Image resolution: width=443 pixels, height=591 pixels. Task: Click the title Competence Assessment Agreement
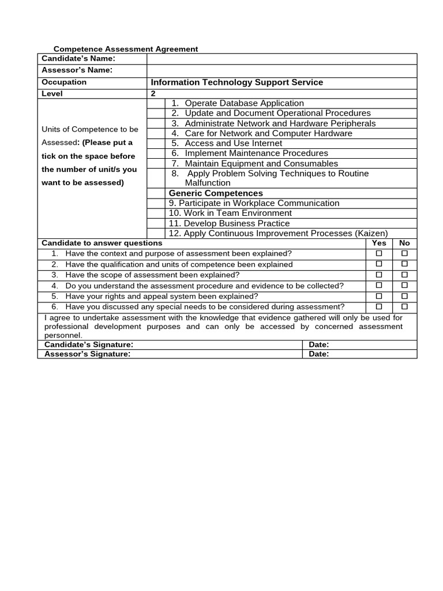(126, 49)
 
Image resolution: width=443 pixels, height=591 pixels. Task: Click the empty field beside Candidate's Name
(281, 59)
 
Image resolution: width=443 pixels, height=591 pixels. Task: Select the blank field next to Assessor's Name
(281, 70)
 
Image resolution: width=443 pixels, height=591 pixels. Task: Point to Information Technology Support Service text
(236, 83)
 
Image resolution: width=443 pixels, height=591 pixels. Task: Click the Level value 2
(153, 93)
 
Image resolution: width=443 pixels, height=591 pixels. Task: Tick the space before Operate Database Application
(156, 103)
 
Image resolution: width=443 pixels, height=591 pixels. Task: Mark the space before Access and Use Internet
(156, 143)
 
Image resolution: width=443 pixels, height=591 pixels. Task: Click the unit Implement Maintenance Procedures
(256, 154)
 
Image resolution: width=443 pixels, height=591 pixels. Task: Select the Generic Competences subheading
(215, 193)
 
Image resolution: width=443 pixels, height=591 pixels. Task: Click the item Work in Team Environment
(230, 213)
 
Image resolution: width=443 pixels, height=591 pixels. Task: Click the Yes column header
(379, 244)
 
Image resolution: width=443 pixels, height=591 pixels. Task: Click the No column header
(404, 244)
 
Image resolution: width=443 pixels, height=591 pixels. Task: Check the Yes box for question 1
(379, 253)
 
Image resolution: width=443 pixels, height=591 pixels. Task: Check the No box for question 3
(404, 275)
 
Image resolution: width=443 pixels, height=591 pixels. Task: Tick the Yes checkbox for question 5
(379, 296)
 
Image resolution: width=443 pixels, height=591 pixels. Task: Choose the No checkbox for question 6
(404, 306)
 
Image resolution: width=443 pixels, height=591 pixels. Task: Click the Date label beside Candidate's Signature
(319, 345)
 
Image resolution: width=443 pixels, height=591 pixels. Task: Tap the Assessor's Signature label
(88, 354)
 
